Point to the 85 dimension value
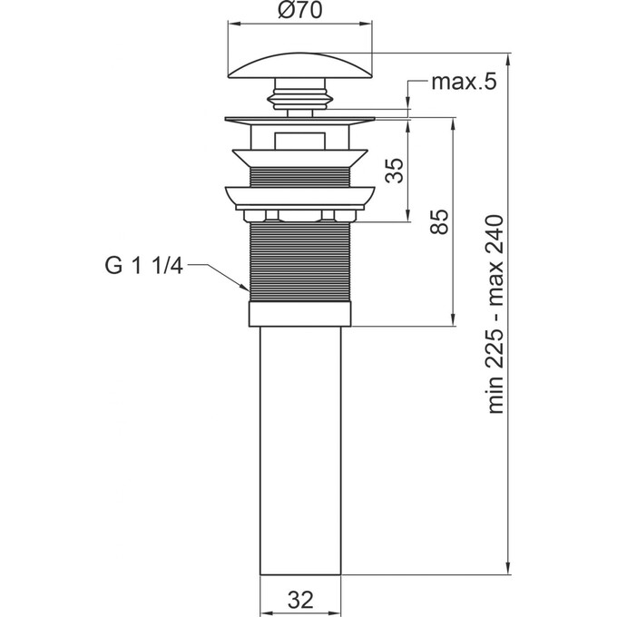coord(439,221)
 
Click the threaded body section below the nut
coord(299,263)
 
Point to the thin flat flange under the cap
coord(299,119)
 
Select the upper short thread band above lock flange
coord(299,177)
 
